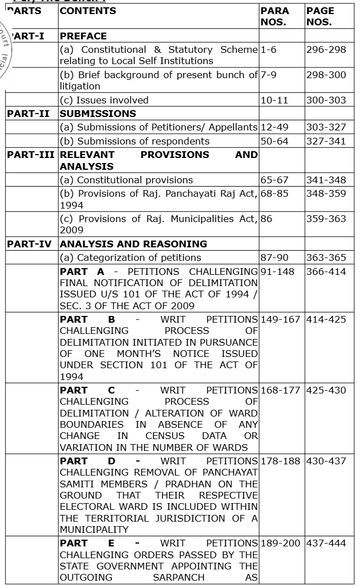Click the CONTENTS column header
(88, 11)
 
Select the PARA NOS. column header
(274, 17)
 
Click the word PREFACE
(83, 37)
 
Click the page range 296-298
(326, 50)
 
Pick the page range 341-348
(326, 180)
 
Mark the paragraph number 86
(267, 219)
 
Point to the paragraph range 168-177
(281, 390)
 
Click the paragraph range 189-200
(281, 544)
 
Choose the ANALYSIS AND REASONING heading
(133, 244)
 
